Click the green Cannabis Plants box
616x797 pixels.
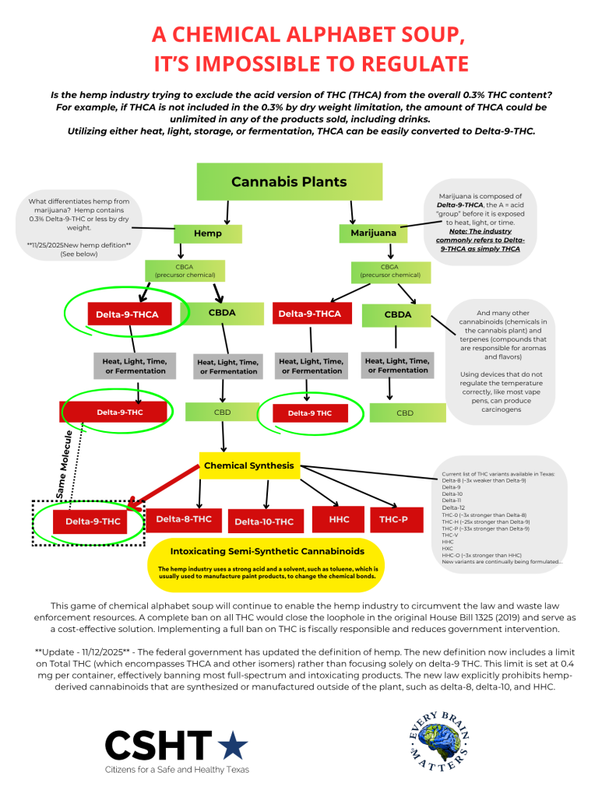pyautogui.click(x=289, y=182)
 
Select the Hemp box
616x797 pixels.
pyautogui.click(x=208, y=233)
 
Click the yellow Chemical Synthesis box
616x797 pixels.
pyautogui.click(x=248, y=465)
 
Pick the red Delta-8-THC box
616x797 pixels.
pyautogui.click(x=184, y=519)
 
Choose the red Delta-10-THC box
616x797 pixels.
pyautogui.click(x=264, y=521)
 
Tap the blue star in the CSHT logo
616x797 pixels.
pyautogui.click(x=233, y=746)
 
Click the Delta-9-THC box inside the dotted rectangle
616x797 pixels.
pyautogui.click(x=93, y=521)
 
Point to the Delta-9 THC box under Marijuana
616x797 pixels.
pyautogui.click(x=309, y=413)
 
